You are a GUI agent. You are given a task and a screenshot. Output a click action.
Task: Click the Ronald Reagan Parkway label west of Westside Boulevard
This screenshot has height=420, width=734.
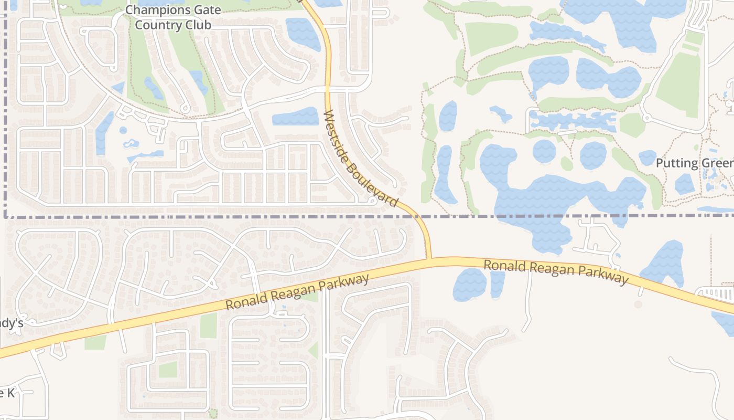(x=297, y=292)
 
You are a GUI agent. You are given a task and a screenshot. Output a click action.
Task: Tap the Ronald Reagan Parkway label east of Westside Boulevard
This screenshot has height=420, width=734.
(x=556, y=272)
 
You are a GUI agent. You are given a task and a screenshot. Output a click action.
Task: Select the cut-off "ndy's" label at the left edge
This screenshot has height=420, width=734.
(x=12, y=323)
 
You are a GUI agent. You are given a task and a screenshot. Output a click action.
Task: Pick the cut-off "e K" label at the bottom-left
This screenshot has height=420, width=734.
(x=7, y=392)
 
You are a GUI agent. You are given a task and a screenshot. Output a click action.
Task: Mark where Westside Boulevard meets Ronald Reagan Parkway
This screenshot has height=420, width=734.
(x=430, y=258)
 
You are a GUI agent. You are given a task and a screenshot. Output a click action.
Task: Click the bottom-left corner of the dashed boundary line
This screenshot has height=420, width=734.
(x=5, y=216)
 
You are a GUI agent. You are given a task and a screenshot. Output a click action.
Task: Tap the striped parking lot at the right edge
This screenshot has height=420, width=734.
(x=718, y=293)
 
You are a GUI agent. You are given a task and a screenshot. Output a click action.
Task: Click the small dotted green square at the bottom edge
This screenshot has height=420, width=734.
(x=213, y=414)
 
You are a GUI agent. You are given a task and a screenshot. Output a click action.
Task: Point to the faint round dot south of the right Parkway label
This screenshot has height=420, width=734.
(x=638, y=304)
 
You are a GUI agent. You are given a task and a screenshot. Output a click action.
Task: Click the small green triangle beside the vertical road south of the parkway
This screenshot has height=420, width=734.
(x=314, y=350)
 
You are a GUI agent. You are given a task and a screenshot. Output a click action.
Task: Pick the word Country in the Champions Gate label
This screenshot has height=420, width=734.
(x=154, y=25)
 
